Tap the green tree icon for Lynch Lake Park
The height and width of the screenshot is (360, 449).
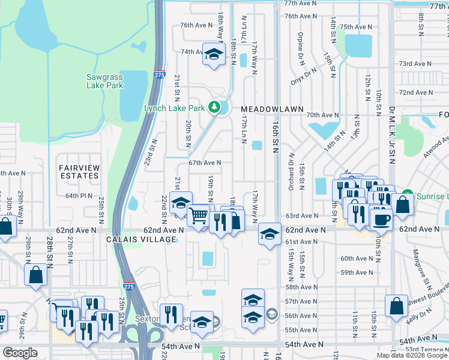214,108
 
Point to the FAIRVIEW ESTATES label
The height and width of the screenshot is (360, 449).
79,171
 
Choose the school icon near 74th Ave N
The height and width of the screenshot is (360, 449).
212,55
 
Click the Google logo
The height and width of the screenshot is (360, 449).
20,353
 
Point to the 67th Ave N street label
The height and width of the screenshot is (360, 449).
205,163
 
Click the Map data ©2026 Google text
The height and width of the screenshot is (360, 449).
412,355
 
